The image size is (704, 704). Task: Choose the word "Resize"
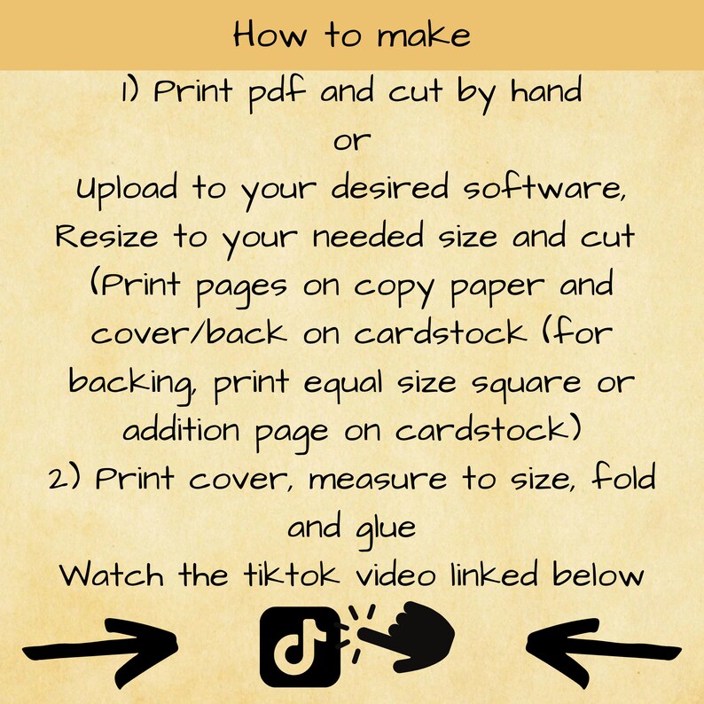[106, 239]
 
